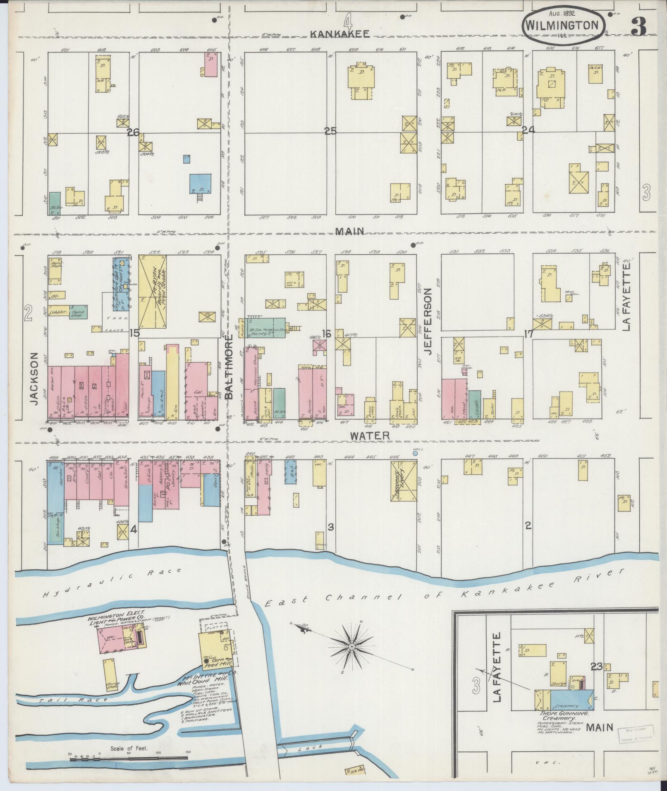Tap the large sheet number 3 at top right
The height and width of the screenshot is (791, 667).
point(638,28)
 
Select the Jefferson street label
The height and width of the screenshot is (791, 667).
point(428,315)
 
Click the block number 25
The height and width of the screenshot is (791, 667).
point(330,131)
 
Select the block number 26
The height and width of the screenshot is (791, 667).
point(133,132)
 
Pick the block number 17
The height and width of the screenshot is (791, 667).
point(528,334)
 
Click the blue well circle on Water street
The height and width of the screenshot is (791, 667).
point(415,453)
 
